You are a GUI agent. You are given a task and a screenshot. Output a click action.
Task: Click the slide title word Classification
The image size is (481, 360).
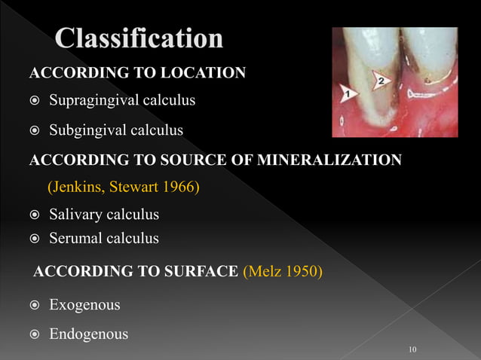point(139,39)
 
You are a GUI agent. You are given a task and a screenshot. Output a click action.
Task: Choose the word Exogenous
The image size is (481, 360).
point(84,306)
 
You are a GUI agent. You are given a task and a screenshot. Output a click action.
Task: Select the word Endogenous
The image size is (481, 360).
point(88,334)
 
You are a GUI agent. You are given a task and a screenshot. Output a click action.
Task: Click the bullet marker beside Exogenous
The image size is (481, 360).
point(34,306)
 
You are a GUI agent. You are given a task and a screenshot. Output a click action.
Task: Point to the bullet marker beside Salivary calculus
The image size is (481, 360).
point(34,215)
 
